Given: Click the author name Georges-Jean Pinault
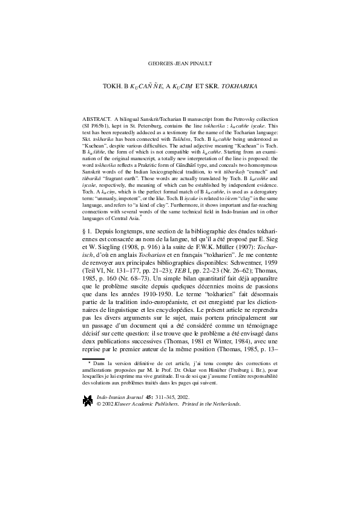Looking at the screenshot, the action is (x=180, y=63).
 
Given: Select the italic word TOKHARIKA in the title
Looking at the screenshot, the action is (x=237, y=87).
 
